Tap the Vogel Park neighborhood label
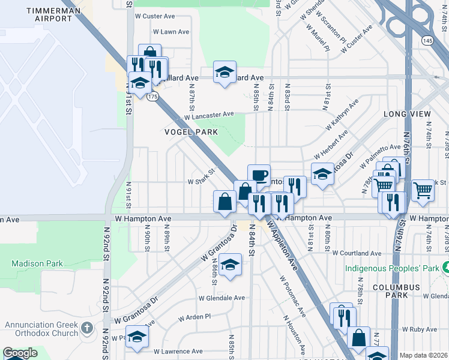pos(189,131)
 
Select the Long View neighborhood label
pos(408,113)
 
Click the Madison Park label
pos(35,263)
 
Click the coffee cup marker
pos(259,175)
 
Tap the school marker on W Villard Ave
pos(224,73)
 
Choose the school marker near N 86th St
pos(230,264)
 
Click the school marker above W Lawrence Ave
pos(137,337)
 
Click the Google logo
pos(20,353)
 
